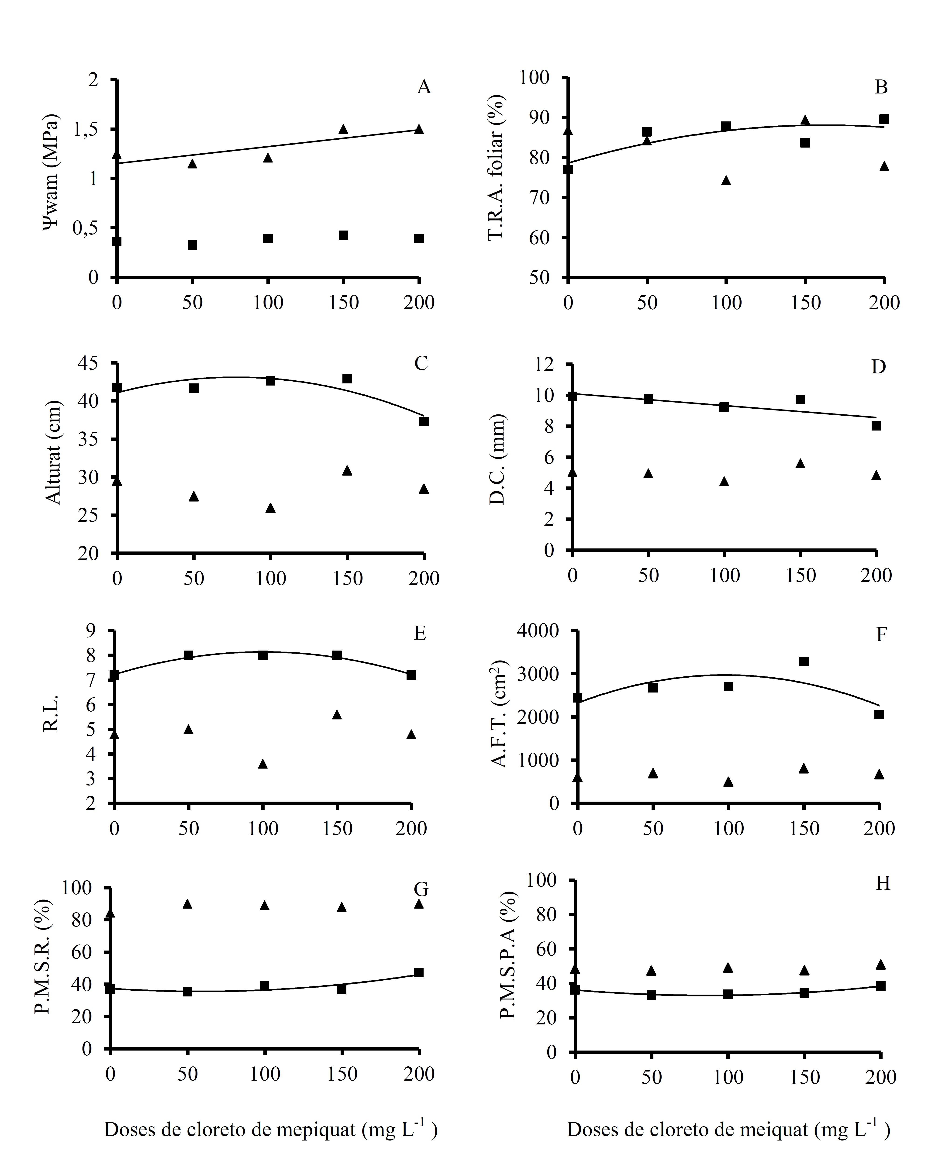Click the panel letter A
(x=424, y=87)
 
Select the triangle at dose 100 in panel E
(x=263, y=764)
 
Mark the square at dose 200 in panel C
(x=424, y=421)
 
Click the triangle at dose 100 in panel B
(x=726, y=180)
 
